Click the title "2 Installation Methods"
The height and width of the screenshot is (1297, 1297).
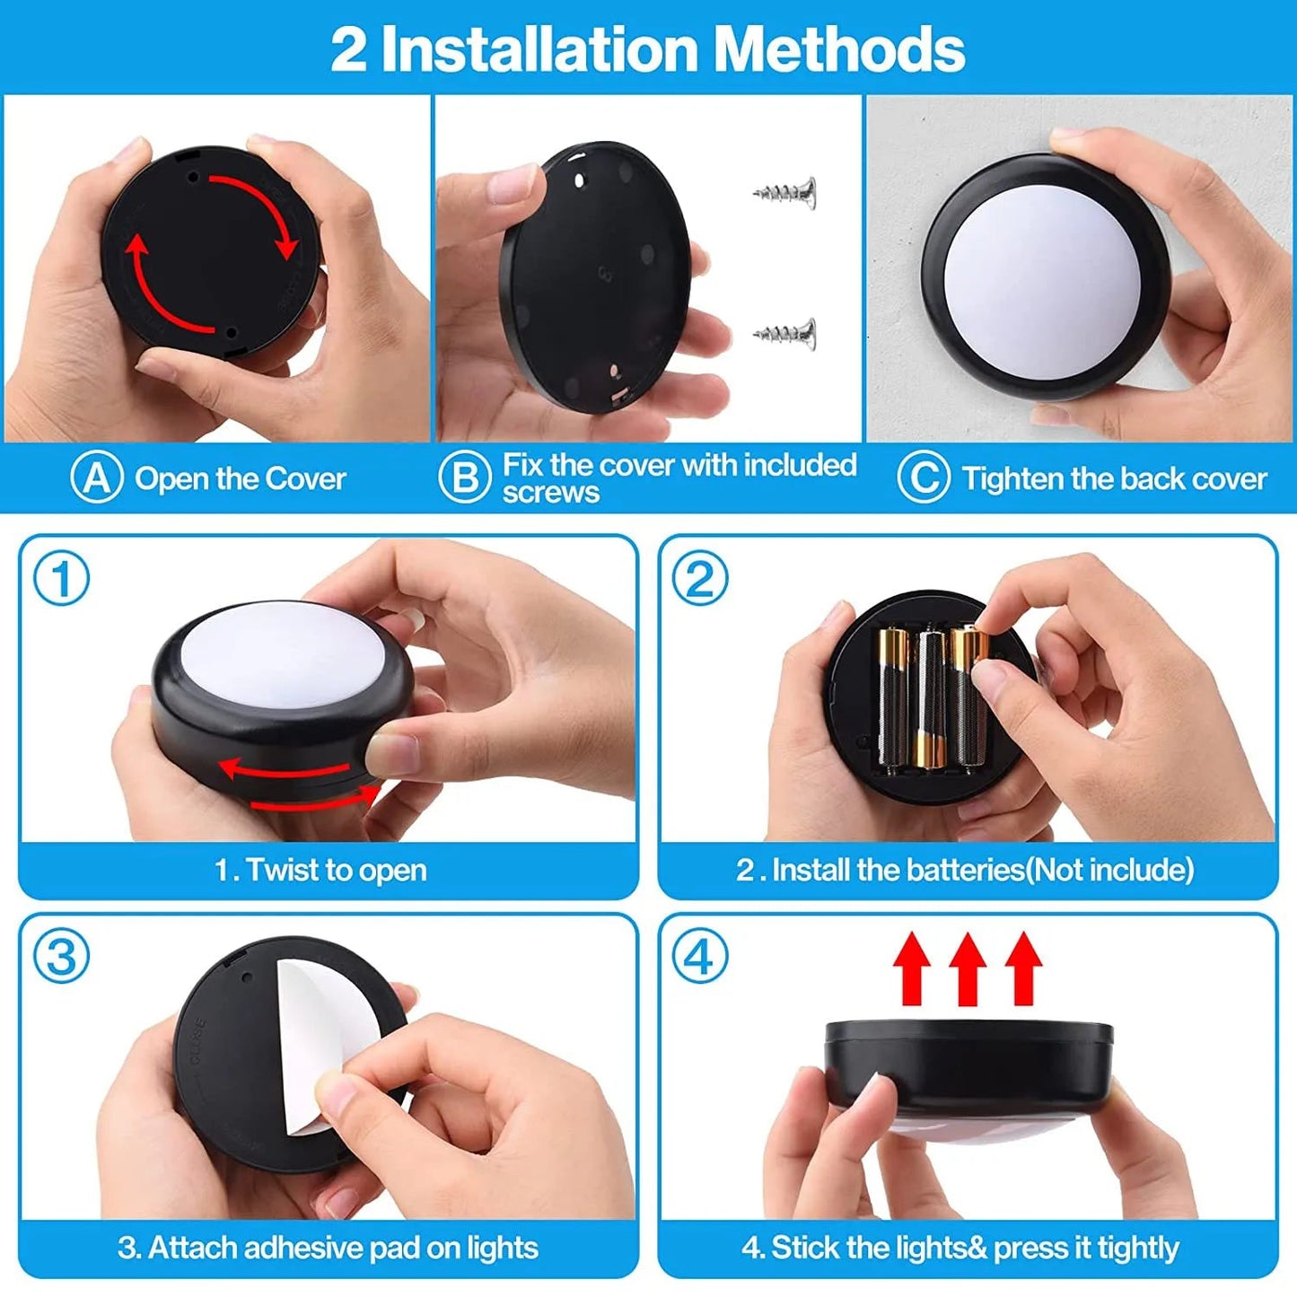click(x=647, y=48)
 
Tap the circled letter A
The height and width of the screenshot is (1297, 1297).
click(x=96, y=478)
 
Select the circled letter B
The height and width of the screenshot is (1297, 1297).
click(x=464, y=478)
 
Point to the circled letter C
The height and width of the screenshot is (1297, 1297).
click(x=923, y=478)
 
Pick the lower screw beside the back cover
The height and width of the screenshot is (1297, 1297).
click(x=786, y=334)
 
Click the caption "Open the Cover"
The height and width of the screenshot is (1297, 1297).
click(x=240, y=478)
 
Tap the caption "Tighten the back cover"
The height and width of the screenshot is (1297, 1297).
click(x=1114, y=478)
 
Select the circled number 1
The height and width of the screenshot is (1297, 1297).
click(x=61, y=579)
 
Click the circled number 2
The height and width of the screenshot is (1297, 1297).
click(x=700, y=579)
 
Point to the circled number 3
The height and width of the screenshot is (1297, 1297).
click(x=61, y=957)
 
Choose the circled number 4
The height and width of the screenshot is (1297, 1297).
click(x=700, y=957)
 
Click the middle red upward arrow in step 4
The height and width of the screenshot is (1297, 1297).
click(x=968, y=968)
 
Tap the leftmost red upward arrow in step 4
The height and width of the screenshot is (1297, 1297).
click(x=912, y=968)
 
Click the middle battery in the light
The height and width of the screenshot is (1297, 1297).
click(x=930, y=700)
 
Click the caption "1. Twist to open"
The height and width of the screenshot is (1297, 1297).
click(x=320, y=870)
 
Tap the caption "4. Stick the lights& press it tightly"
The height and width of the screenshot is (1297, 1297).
click(x=960, y=1248)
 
